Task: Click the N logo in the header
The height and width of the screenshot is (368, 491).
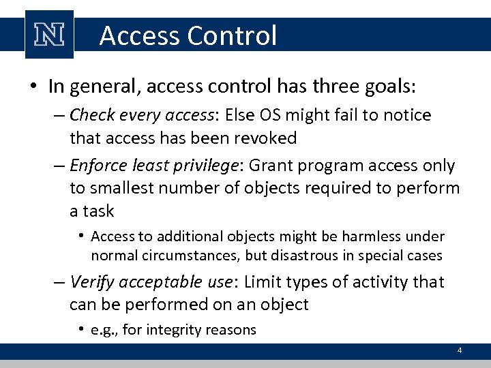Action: click(x=48, y=35)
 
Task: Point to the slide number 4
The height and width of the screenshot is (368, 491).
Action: click(x=460, y=350)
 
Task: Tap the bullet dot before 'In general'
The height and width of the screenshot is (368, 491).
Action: click(x=33, y=87)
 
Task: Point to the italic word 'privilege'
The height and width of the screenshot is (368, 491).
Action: click(x=207, y=166)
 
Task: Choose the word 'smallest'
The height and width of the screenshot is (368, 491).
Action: click(x=128, y=188)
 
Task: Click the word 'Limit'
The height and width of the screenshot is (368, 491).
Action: click(x=267, y=281)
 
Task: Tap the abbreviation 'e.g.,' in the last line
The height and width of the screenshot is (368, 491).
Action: click(x=106, y=331)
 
